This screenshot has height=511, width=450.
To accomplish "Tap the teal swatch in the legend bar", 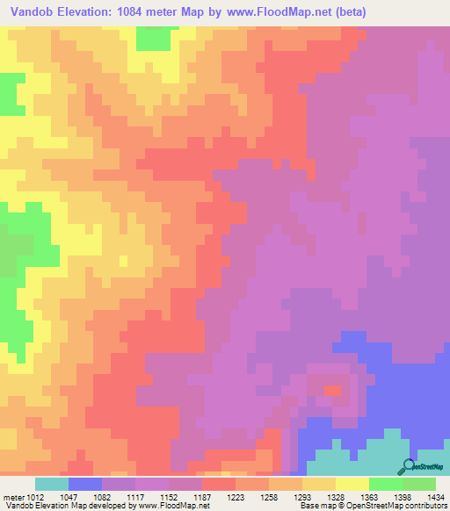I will coord(52,484).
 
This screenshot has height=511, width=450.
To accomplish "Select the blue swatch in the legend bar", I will coord(85,484).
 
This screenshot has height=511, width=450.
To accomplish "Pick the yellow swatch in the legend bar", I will coord(352,484).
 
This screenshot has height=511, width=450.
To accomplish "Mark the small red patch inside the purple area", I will coord(332,390).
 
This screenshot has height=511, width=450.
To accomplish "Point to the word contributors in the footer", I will coord(425,506).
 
